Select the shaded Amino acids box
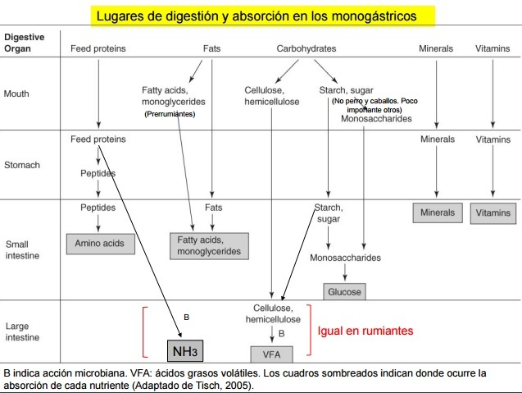pos(98,244)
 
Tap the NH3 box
pos(184,352)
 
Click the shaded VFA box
pos(270,354)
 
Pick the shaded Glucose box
pos(344,291)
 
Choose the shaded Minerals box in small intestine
pos(437,213)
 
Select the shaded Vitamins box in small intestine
pos(492,213)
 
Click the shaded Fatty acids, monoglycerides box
pos(208,245)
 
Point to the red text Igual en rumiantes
pos(365,331)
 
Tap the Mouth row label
pos(16,94)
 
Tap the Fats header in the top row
pos(211,48)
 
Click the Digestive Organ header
pos(25,43)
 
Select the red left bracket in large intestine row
pos(145,332)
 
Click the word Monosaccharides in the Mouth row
pos(376,118)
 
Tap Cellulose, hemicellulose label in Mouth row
pos(272,96)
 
